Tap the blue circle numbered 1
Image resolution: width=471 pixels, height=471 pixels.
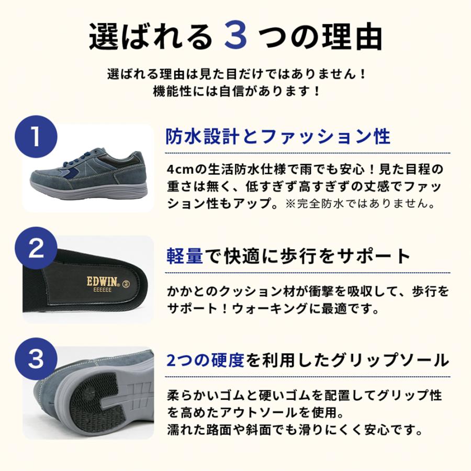pyautogui.click(x=36, y=137)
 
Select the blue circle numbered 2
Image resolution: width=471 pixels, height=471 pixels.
pyautogui.click(x=36, y=249)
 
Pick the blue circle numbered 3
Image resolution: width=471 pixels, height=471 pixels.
pyautogui.click(x=36, y=360)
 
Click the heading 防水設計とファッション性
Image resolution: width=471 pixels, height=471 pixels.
pyautogui.click(x=278, y=137)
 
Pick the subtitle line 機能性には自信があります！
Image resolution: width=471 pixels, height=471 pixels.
pyautogui.click(x=235, y=91)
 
